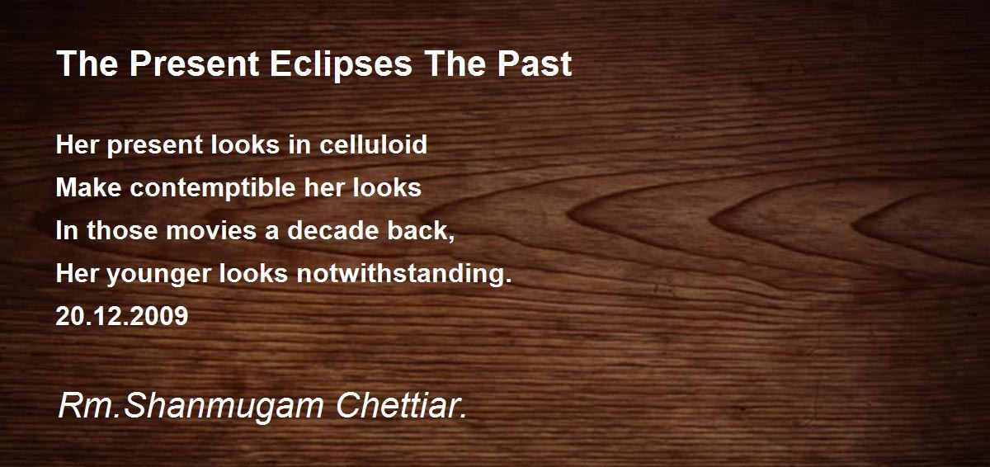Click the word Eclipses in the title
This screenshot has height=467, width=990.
pos(341,65)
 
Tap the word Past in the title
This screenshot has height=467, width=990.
pos(535,64)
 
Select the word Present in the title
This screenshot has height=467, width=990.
pos(194,64)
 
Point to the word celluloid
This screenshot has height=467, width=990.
pos(373,144)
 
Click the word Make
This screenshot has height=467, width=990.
pos(89,187)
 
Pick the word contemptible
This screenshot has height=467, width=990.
pos(213,189)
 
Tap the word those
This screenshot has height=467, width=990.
pos(122,230)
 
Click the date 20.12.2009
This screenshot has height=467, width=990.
pos(122,316)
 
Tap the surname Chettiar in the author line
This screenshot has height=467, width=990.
pos(401,406)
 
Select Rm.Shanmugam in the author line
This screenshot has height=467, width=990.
pos(191,408)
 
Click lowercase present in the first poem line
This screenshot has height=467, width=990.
pos(155,146)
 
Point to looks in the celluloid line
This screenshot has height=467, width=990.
pos(245,144)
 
